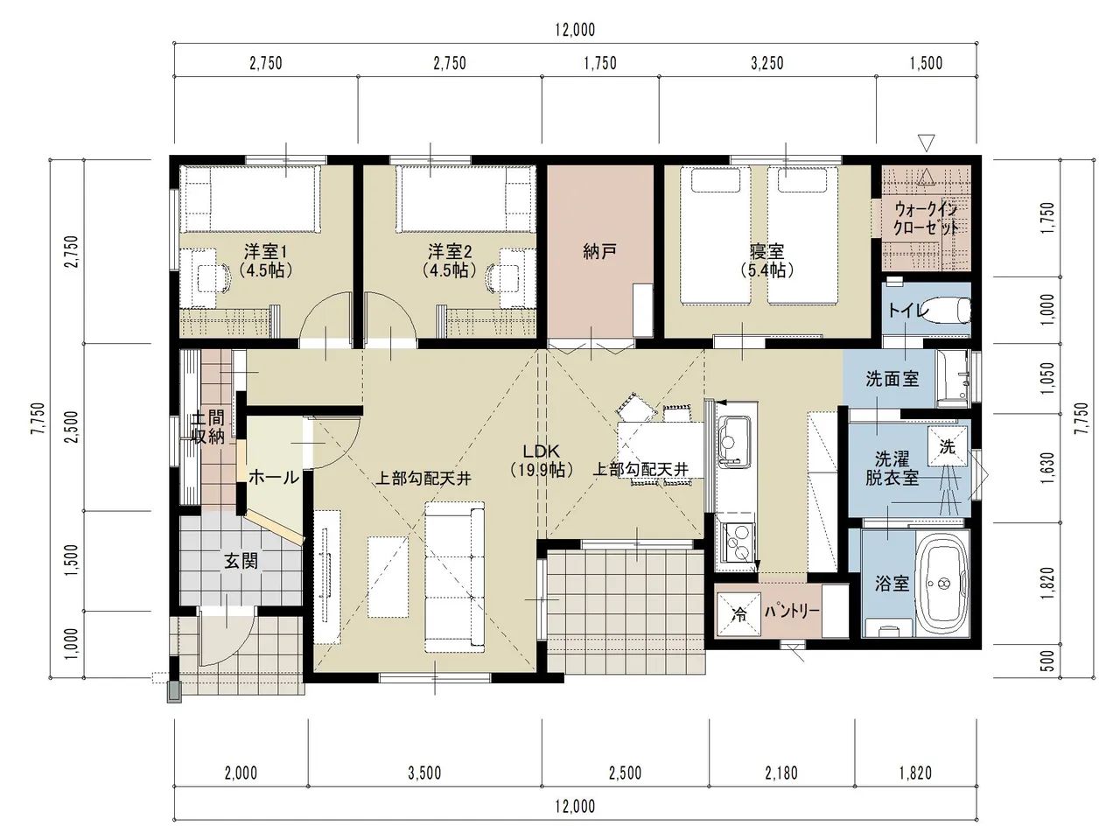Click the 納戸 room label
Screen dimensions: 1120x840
click(x=599, y=251)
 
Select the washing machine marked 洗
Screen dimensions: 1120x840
click(x=948, y=447)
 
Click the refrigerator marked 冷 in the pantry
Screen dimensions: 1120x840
click(x=738, y=614)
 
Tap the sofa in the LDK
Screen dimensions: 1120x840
click(x=454, y=577)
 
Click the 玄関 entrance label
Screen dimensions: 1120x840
click(x=241, y=562)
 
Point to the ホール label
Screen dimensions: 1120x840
click(x=274, y=478)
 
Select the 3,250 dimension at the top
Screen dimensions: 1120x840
click(x=766, y=63)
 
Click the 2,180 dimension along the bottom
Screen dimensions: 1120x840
click(x=781, y=773)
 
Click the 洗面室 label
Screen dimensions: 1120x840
click(x=892, y=378)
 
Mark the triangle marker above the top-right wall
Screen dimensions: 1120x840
click(x=926, y=143)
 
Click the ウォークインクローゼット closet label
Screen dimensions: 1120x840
click(x=926, y=218)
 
